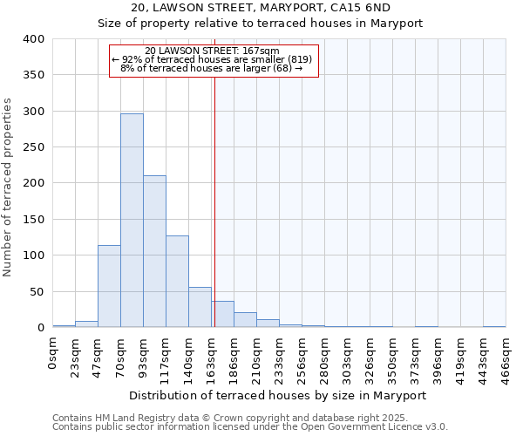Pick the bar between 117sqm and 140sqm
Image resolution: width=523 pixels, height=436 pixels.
point(177,281)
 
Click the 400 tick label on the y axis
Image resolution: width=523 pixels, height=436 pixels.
point(34,39)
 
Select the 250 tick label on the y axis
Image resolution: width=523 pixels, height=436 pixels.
point(34,147)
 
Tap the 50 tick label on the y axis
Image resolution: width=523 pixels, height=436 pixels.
point(37,291)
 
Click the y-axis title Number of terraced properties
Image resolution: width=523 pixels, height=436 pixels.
point(9,187)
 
